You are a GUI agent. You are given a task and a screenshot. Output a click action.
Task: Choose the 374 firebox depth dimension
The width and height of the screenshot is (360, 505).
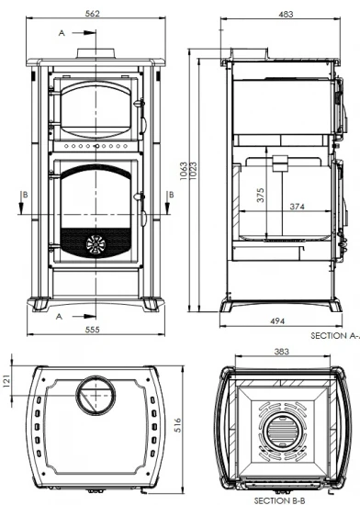click(297, 206)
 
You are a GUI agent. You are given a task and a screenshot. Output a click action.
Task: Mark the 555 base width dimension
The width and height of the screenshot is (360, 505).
click(96, 328)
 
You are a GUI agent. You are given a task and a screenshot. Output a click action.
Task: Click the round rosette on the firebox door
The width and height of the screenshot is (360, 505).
click(96, 243)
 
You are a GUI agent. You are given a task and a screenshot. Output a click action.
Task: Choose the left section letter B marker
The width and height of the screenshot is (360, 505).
click(25, 195)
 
